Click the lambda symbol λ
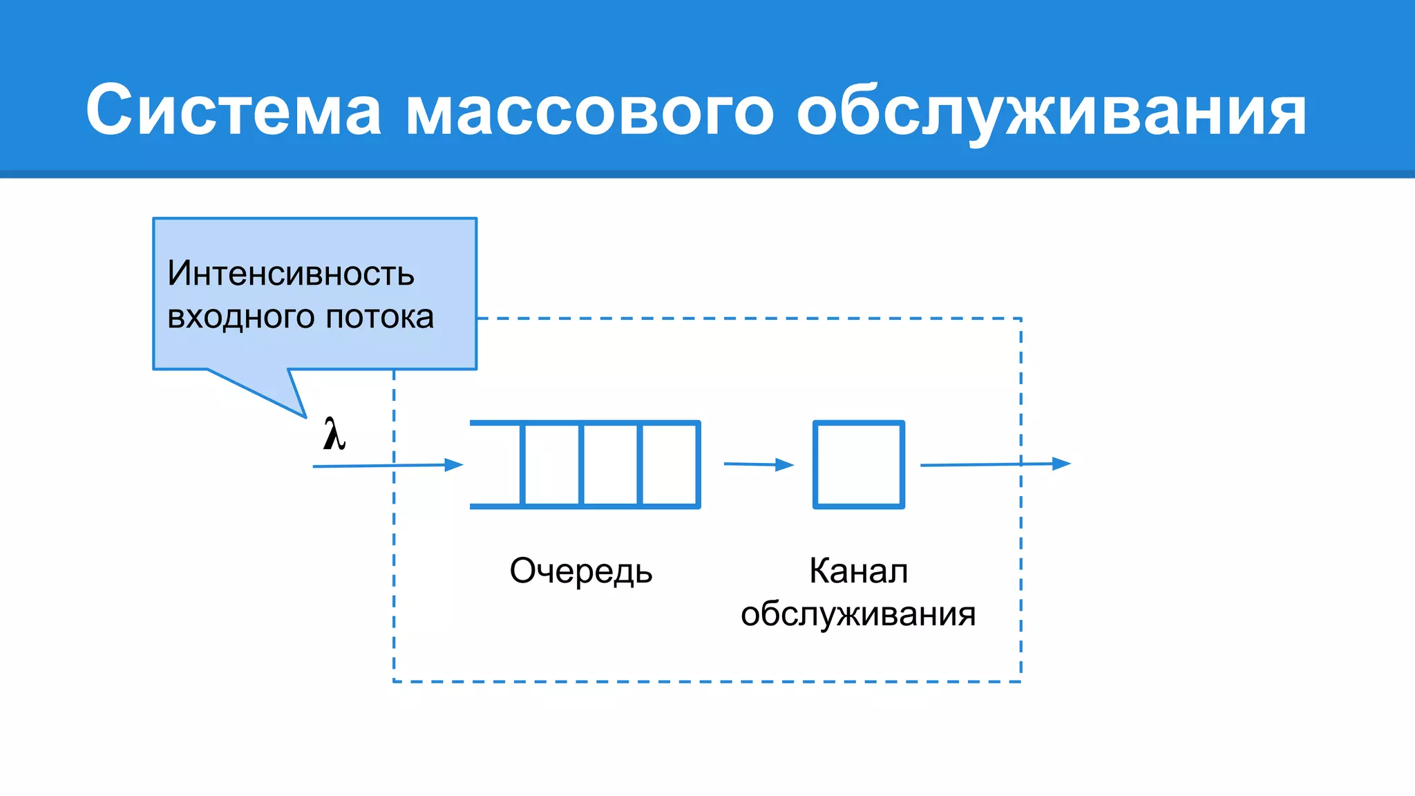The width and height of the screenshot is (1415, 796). pos(334,435)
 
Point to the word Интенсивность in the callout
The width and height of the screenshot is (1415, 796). pos(291,274)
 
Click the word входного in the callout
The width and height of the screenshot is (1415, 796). pos(241,317)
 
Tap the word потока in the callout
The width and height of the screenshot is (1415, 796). pos(379,317)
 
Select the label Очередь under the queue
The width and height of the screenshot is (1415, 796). pos(581,571)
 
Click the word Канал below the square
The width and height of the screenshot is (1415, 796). pos(858,571)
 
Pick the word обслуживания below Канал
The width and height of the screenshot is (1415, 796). pos(858,614)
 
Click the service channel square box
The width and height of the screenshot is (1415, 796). pos(859,464)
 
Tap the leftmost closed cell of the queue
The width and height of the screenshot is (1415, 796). pos(551,464)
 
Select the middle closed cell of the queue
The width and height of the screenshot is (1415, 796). pos(611,464)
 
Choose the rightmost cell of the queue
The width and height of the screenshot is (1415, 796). pos(669,464)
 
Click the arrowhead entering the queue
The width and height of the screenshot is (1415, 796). pos(454,465)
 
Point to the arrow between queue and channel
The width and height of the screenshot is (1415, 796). pos(758,464)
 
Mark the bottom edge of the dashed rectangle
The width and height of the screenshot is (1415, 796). pos(707,681)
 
